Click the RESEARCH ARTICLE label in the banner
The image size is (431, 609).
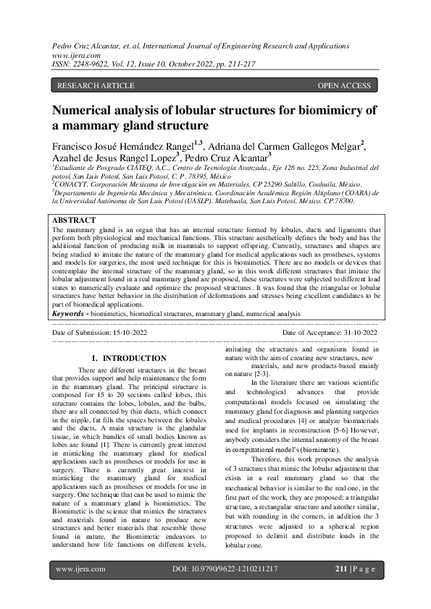click(96, 86)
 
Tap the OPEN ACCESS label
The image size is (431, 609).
click(344, 86)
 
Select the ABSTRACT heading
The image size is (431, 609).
click(75, 220)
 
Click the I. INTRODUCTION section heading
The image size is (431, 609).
click(130, 358)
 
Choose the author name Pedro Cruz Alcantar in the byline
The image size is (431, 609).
click(225, 158)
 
